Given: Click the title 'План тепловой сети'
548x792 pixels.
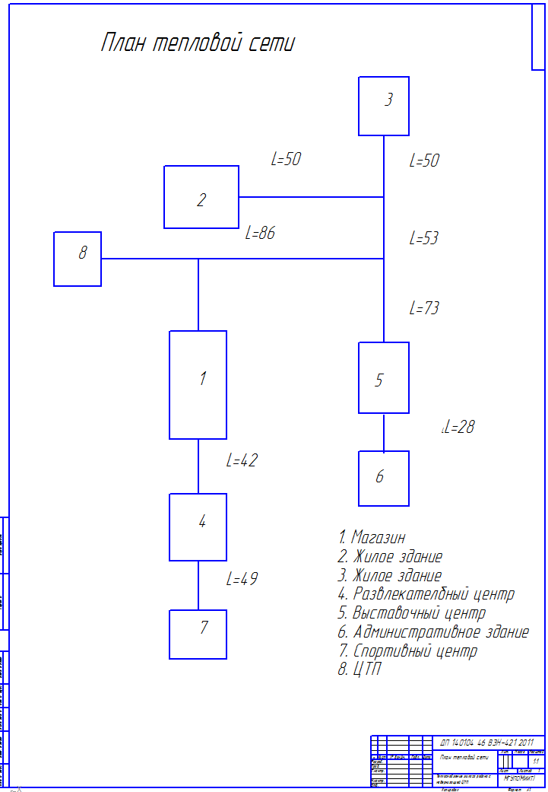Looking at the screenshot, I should pos(198,43).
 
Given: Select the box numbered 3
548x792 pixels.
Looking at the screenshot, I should pos(384,107).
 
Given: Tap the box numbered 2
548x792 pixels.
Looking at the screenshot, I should pos(201,197).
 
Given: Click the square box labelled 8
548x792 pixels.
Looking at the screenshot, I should pos(78,259).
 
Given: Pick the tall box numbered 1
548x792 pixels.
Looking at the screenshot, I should pos(198,385).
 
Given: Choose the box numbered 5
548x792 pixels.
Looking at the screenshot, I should pos(384,378).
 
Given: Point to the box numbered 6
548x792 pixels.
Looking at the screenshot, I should pos(384,479).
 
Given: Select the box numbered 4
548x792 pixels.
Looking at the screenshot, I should pos(198,527).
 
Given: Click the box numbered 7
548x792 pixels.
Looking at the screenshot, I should pos(198,635).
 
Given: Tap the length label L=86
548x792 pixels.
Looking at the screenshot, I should pos(260,234).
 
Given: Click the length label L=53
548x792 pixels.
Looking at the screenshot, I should pos(424,238).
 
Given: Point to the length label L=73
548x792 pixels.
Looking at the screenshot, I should pos(424,308).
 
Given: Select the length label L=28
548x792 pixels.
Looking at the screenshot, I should pos(459,428).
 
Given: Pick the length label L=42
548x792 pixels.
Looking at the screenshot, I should pos(242,460).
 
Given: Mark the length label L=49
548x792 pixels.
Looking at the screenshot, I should pos(242,579).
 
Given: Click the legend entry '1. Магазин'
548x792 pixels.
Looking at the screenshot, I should pos(372,537).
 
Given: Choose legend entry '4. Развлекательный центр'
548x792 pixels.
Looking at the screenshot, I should pos(426,594).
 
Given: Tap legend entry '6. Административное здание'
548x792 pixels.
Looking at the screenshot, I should pos(433,632).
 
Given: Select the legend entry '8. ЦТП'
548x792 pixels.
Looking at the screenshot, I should pos(360,670).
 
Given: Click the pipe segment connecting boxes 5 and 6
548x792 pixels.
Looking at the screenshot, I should pos(384,432).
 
